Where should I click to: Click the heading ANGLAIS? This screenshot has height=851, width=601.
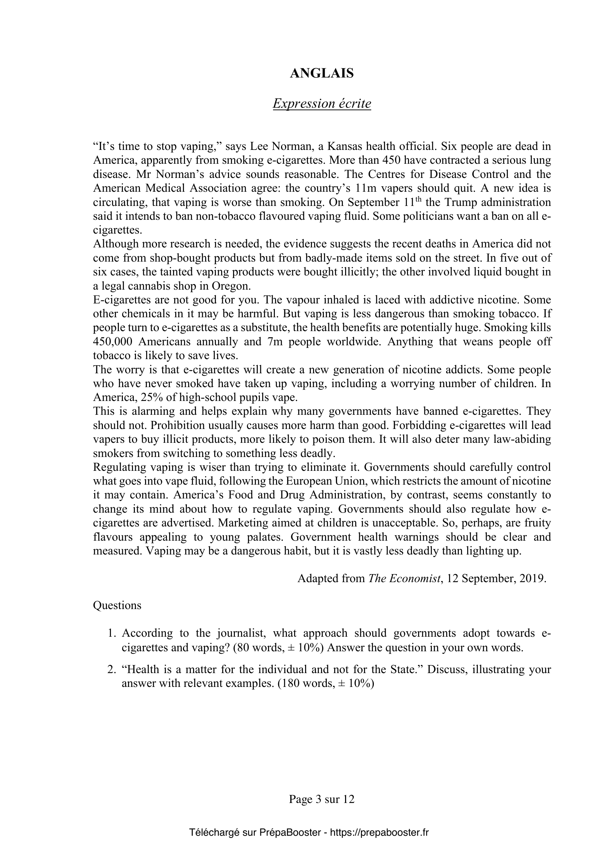[321, 73]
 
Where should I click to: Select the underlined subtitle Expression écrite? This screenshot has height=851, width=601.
[321, 104]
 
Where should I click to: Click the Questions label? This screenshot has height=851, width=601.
[117, 606]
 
